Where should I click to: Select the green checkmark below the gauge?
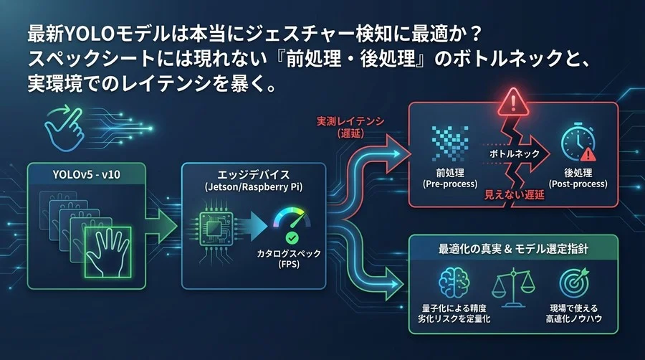pyautogui.click(x=292, y=237)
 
